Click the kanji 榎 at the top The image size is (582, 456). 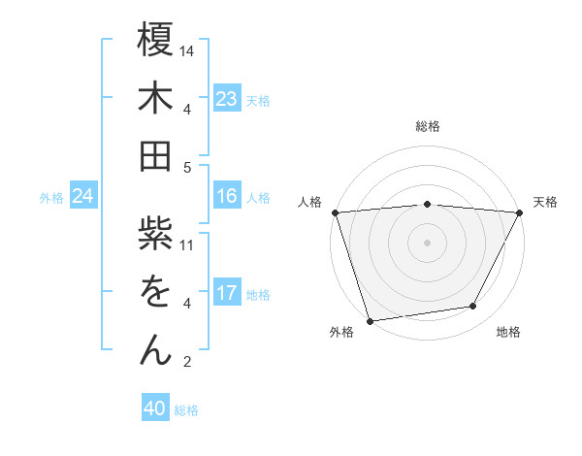pos(155,45)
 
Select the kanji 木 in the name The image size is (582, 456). pos(155,101)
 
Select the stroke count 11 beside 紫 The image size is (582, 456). pos(188,244)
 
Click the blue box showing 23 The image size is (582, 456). pos(227,99)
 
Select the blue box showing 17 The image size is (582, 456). pos(227,293)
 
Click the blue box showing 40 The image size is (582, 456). pos(155,408)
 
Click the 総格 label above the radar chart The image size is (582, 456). pos(428,126)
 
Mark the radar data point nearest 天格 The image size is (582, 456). pos(520,212)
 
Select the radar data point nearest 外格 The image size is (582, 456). pos(370,320)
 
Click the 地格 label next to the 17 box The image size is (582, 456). pos(258,294)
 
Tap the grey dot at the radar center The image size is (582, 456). pos(428,242)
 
